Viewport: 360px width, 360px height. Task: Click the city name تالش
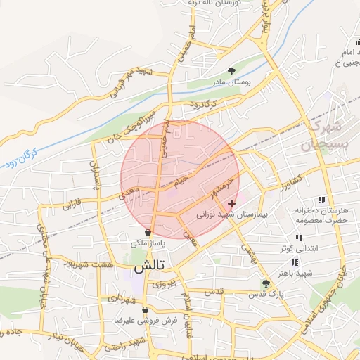click(x=149, y=267)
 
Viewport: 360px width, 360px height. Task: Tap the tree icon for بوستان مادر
click(x=231, y=70)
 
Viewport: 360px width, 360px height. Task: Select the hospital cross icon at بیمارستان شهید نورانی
click(x=231, y=203)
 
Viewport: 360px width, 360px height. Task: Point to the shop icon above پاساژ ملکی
click(x=148, y=232)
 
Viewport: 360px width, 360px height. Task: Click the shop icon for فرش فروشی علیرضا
click(x=145, y=309)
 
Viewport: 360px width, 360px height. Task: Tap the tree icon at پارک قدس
click(x=266, y=283)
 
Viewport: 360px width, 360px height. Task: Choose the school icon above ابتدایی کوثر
click(x=299, y=238)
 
